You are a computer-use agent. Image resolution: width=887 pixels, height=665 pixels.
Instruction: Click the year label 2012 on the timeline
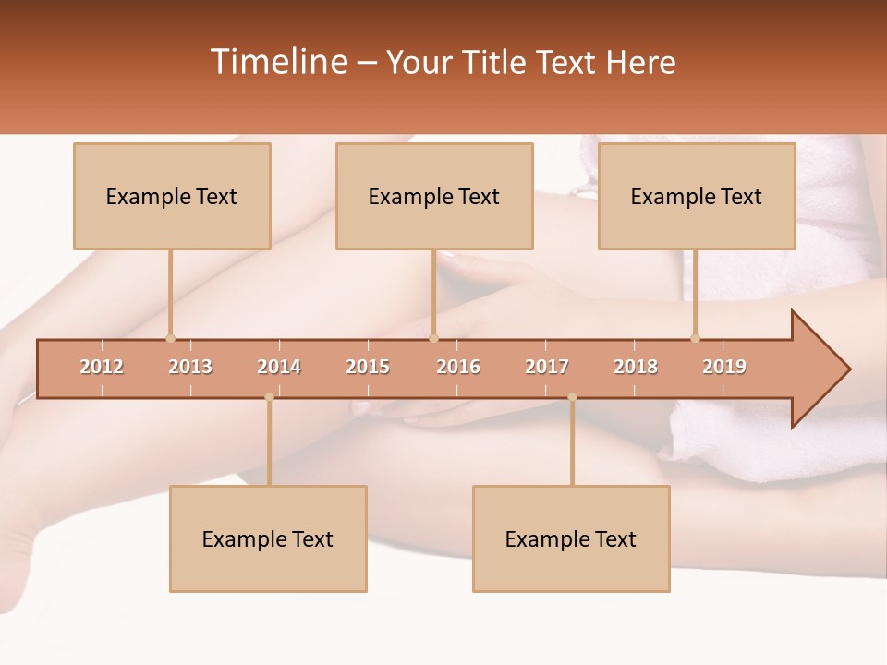(x=102, y=367)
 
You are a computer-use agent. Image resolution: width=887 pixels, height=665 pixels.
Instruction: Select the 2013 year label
(x=190, y=367)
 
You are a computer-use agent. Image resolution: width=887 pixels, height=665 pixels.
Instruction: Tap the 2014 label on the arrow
(x=279, y=367)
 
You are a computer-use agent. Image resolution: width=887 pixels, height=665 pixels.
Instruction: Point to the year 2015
(x=368, y=367)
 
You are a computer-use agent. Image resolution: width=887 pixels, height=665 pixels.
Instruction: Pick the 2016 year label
(x=458, y=367)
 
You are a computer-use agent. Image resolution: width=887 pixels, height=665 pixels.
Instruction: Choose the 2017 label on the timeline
(x=547, y=367)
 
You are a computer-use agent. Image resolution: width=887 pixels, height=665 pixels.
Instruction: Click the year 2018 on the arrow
(x=636, y=367)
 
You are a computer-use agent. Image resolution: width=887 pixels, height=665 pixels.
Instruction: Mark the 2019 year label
(x=724, y=367)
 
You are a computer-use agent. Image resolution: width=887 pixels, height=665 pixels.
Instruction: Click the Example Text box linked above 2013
(x=172, y=196)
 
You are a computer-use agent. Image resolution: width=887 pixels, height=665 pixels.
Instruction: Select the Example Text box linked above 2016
(x=434, y=196)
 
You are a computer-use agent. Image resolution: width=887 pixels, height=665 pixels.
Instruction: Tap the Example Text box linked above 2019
(x=697, y=196)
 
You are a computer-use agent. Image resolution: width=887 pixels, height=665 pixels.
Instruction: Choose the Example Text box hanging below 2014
(x=268, y=538)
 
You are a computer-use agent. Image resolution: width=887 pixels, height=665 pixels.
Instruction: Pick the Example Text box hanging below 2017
(x=571, y=538)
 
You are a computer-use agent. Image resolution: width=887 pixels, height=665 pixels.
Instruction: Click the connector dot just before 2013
(x=170, y=338)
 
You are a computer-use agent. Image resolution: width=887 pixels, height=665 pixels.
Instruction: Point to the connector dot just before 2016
(x=434, y=338)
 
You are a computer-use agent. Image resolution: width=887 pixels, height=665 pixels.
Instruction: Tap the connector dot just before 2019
(x=696, y=338)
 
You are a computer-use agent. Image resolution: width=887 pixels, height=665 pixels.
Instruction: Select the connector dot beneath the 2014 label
(x=269, y=397)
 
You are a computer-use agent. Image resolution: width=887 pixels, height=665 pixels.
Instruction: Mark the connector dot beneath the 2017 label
(x=572, y=397)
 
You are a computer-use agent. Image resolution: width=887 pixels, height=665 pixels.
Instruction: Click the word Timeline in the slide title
(x=278, y=62)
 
